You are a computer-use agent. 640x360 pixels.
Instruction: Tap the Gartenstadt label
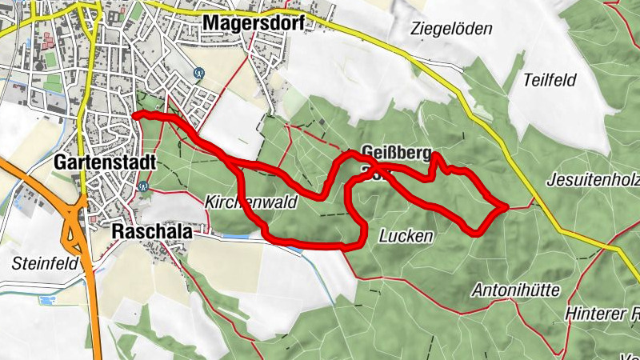(104, 162)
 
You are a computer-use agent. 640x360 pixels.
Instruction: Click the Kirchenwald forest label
(250, 202)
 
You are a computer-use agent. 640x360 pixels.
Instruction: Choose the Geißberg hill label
(396, 153)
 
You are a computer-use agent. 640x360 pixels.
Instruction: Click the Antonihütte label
(515, 289)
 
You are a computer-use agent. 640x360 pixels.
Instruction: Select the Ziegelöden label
(450, 29)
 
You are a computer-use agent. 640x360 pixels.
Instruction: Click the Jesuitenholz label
(592, 181)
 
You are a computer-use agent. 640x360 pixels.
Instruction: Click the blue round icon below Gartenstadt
(144, 186)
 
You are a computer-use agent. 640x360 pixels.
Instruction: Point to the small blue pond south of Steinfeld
(46, 301)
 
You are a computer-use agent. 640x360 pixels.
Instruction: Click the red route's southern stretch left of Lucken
(312, 243)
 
